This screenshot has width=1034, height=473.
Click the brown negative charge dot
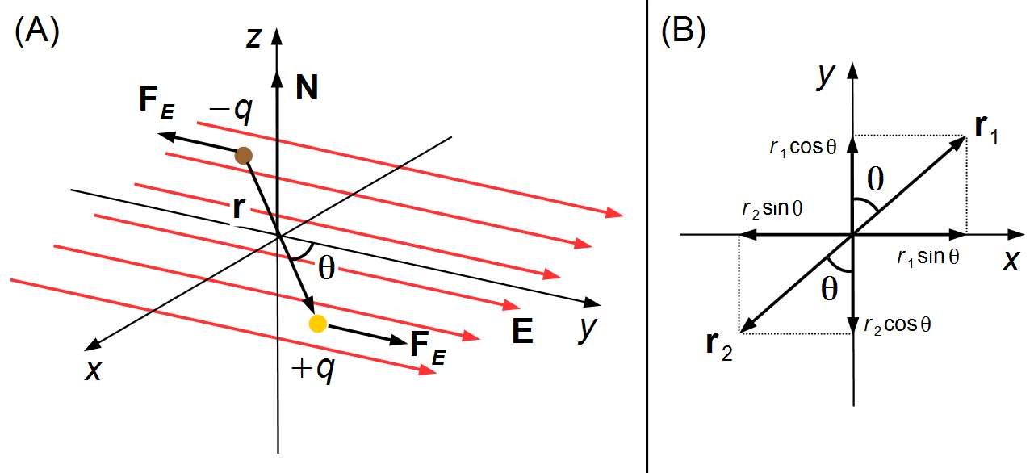243,156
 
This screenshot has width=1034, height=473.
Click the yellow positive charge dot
318,324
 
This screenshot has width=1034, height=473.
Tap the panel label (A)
37,31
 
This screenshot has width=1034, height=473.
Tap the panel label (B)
684,31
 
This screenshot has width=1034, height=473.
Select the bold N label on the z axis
307,87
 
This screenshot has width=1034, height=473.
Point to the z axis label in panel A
254,38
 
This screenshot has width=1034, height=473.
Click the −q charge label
231,111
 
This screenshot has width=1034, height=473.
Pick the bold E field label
522,330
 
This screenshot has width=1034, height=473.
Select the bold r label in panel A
239,207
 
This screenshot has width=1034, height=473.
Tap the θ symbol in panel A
327,268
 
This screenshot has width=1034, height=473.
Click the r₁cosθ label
802,147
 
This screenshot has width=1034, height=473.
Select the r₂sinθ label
772,209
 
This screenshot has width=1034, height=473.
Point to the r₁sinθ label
927,257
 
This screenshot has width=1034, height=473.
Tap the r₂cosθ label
898,325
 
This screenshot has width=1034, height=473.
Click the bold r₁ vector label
986,130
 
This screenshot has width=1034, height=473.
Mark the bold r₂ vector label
719,346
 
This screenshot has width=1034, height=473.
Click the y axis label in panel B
826,77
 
